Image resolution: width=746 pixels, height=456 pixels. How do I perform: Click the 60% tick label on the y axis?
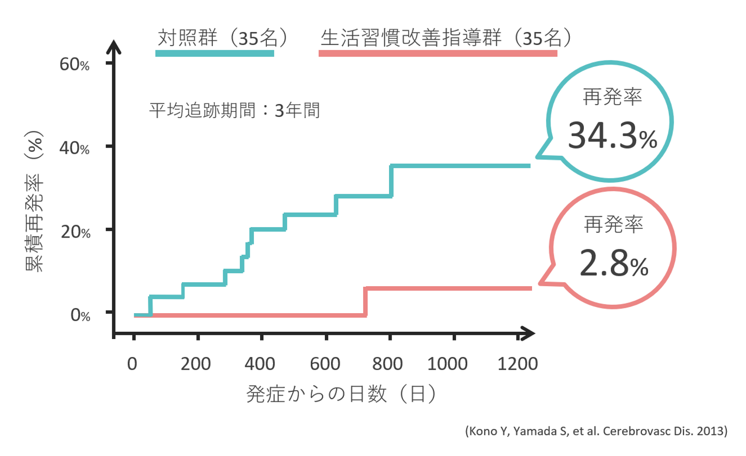[x=75, y=65]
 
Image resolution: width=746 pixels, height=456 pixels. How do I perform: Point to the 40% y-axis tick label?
[x=75, y=149]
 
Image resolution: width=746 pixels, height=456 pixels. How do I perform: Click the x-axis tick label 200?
[x=196, y=364]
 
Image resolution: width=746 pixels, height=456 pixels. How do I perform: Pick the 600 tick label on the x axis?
[x=325, y=364]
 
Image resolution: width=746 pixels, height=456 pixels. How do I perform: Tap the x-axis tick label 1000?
[x=447, y=364]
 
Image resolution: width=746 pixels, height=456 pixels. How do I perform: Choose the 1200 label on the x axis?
[x=517, y=364]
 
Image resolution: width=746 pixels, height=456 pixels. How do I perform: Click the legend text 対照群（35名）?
[x=223, y=38]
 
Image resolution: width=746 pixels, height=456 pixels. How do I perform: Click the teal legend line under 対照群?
[x=214, y=53]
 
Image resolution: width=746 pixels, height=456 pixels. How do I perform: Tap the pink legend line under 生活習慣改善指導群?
[x=438, y=53]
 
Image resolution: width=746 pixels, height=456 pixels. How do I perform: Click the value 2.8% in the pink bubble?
[x=613, y=263]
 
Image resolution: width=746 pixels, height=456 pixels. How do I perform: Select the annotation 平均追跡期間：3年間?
[x=234, y=110]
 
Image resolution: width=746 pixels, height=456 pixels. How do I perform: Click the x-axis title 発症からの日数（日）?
[x=341, y=394]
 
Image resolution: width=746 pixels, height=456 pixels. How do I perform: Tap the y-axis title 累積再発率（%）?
[x=35, y=201]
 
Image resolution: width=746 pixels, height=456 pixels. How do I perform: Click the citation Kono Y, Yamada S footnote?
[x=596, y=431]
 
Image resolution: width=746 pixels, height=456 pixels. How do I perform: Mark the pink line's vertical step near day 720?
[x=366, y=302]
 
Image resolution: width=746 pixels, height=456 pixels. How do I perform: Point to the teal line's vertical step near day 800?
[x=391, y=181]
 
